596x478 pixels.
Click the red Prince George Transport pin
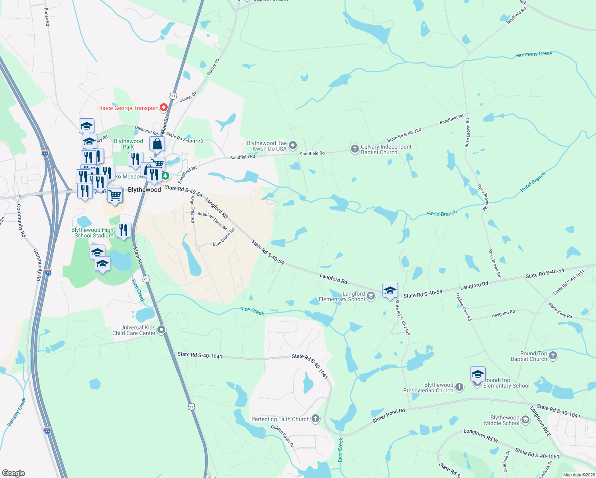163,108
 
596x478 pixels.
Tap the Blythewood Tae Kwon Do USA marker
293,145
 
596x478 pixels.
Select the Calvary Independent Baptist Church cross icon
355,149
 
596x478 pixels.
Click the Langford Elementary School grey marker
371,296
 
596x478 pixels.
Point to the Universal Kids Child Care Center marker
161,330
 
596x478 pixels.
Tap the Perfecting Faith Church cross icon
316,418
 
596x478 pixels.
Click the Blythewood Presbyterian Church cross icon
459,387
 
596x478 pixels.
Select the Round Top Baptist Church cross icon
553,356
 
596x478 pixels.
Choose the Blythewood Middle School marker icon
525,420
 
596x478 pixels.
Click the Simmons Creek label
534,54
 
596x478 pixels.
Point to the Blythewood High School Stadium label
92,233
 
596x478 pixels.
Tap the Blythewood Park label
128,144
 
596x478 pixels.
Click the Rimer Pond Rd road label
388,415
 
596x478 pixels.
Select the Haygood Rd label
503,314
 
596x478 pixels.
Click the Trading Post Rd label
463,306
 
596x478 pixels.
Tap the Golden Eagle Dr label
282,436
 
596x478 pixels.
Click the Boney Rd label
47,17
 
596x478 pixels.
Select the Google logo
13,473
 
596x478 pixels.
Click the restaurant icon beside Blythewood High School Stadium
124,230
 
